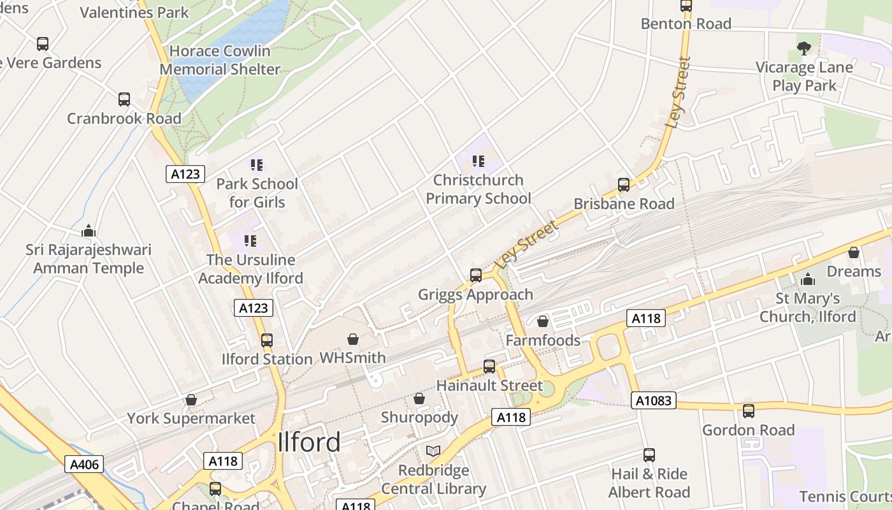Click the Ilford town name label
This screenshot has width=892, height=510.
tap(310, 442)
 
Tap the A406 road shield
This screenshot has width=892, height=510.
tap(84, 464)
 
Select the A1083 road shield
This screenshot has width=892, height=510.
tap(654, 400)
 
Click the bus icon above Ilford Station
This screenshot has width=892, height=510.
tap(267, 340)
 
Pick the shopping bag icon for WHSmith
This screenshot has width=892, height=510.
tap(353, 339)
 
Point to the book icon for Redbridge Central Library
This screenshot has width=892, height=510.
tap(433, 451)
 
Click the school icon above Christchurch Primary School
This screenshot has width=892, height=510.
tap(478, 161)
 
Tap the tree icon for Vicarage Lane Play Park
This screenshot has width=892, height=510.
tap(804, 48)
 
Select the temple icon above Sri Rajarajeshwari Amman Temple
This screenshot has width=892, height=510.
tap(89, 230)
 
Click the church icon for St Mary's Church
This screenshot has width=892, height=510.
tap(808, 279)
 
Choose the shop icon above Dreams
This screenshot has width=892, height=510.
tap(854, 252)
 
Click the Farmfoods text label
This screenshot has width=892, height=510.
tap(543, 340)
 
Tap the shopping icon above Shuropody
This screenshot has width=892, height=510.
tap(419, 398)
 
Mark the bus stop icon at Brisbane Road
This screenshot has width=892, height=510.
tap(624, 185)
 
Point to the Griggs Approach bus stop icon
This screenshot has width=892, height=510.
tap(476, 275)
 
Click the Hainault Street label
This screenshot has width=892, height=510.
tap(489, 386)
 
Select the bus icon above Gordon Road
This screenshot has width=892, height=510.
tap(749, 411)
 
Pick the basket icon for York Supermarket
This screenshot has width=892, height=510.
tap(191, 400)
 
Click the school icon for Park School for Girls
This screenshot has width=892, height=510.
tap(257, 165)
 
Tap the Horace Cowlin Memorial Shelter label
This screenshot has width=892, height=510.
tap(220, 60)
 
